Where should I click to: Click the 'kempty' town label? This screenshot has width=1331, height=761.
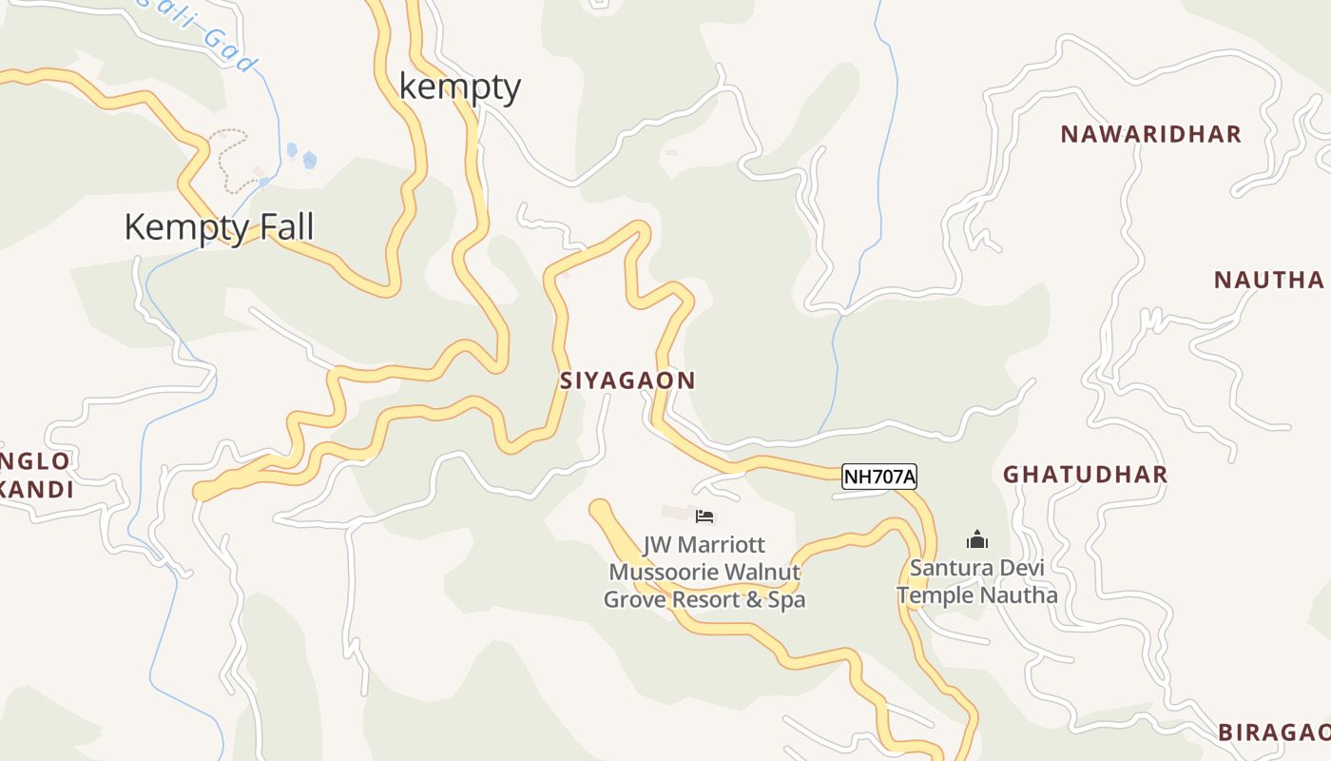coord(460,87)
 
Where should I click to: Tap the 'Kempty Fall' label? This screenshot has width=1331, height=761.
coord(219,227)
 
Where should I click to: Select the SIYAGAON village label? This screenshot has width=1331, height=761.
coord(627,380)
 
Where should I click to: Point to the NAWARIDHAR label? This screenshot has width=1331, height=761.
coord(1151,134)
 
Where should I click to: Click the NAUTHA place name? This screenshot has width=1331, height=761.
coord(1269,280)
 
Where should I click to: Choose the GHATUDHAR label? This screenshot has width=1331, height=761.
coord(1085,475)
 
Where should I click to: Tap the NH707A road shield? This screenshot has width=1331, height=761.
coord(878,477)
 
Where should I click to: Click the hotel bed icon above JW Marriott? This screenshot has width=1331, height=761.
coord(704,517)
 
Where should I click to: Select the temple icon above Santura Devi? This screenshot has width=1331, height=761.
coord(977,540)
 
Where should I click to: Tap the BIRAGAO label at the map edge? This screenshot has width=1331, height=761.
coord(1274,732)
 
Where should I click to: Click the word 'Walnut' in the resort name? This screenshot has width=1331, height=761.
coord(764,573)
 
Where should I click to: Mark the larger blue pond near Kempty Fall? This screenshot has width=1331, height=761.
coord(309,160)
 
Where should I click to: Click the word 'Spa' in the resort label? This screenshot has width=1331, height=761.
coord(787,600)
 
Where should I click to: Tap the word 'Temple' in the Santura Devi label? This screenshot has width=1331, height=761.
coord(936,595)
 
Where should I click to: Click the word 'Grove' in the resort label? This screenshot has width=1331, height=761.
coord(636,600)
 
